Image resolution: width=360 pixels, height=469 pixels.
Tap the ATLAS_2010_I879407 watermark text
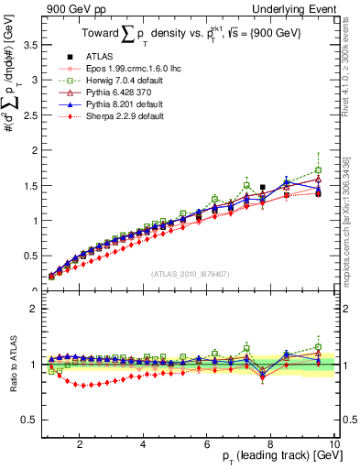(190, 274)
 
